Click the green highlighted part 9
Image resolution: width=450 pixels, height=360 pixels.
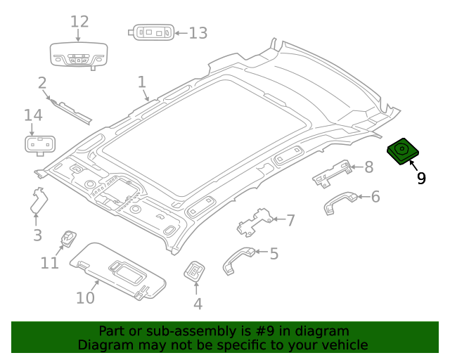[404, 151]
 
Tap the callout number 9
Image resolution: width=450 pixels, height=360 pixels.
[420, 179]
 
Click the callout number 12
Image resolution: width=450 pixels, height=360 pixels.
[79, 22]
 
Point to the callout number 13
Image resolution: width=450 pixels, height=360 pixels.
[198, 32]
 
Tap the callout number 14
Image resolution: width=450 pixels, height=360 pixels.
[33, 115]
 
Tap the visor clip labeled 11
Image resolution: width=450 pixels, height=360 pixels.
[69, 239]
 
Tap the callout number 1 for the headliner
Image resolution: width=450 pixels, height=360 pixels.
[141, 82]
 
